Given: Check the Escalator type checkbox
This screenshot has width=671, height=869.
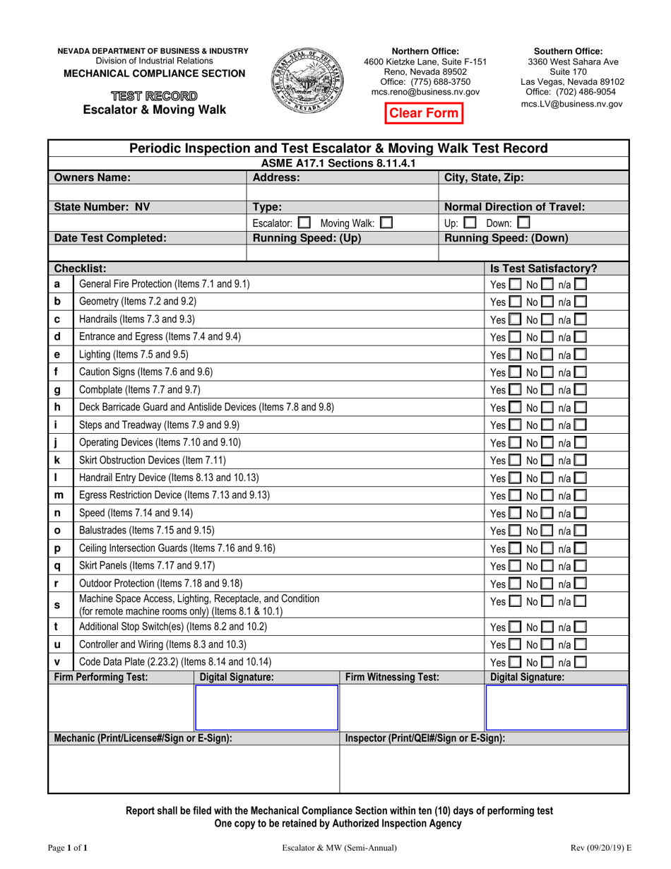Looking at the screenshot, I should [304, 223].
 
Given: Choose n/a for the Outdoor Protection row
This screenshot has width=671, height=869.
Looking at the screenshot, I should [580, 583].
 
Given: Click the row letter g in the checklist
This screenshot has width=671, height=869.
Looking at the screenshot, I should [57, 389].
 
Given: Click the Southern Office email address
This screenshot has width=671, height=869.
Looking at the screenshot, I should [572, 103].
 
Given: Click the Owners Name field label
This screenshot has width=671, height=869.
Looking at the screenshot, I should [93, 178].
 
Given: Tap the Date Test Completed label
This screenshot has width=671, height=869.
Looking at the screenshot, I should [110, 238].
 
